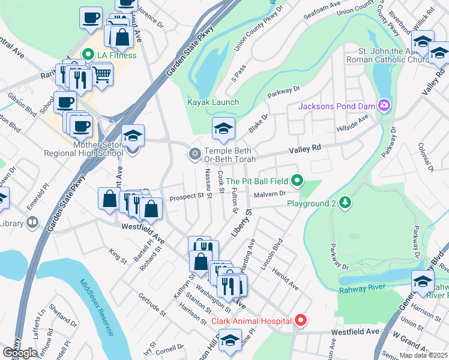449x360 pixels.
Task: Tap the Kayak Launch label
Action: [213, 102]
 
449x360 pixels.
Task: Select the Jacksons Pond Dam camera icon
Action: [384, 107]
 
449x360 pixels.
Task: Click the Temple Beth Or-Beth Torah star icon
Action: [194, 155]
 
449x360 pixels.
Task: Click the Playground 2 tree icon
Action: [345, 203]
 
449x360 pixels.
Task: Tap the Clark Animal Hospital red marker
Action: [301, 321]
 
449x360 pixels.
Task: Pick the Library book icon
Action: [32, 223]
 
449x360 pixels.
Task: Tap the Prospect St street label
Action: [187, 196]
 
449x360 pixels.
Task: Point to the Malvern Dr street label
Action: [268, 194]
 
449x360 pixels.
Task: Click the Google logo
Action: [20, 352]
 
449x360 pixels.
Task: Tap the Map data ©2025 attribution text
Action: [423, 355]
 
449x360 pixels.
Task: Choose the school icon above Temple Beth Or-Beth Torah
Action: [223, 127]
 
